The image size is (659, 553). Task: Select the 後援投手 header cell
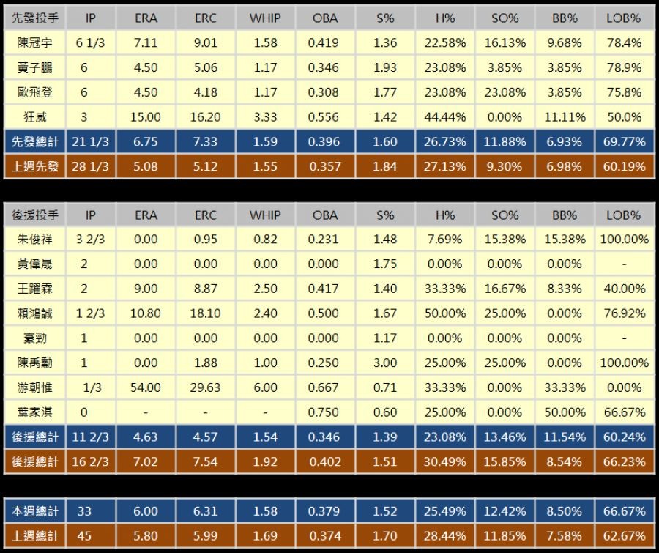click(x=34, y=215)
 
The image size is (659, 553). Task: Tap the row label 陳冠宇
click(x=34, y=42)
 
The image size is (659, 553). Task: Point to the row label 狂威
click(x=34, y=116)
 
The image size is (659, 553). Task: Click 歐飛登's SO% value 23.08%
click(x=505, y=92)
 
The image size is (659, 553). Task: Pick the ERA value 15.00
click(x=146, y=116)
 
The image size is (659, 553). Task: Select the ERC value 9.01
click(x=206, y=42)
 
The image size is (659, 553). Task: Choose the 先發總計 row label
click(x=34, y=141)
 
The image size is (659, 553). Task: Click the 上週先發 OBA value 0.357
click(x=325, y=166)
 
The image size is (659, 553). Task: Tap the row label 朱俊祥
click(x=34, y=240)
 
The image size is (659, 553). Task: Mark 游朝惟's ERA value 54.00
click(x=146, y=387)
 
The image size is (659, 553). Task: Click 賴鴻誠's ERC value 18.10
click(x=206, y=313)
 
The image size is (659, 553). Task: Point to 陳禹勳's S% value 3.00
click(x=385, y=363)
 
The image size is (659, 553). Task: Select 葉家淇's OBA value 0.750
click(x=325, y=412)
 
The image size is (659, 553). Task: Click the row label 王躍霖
click(x=34, y=289)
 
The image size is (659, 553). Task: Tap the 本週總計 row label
click(x=34, y=511)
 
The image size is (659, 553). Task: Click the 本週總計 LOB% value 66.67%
click(x=624, y=511)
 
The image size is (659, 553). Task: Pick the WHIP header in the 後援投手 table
click(x=265, y=215)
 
